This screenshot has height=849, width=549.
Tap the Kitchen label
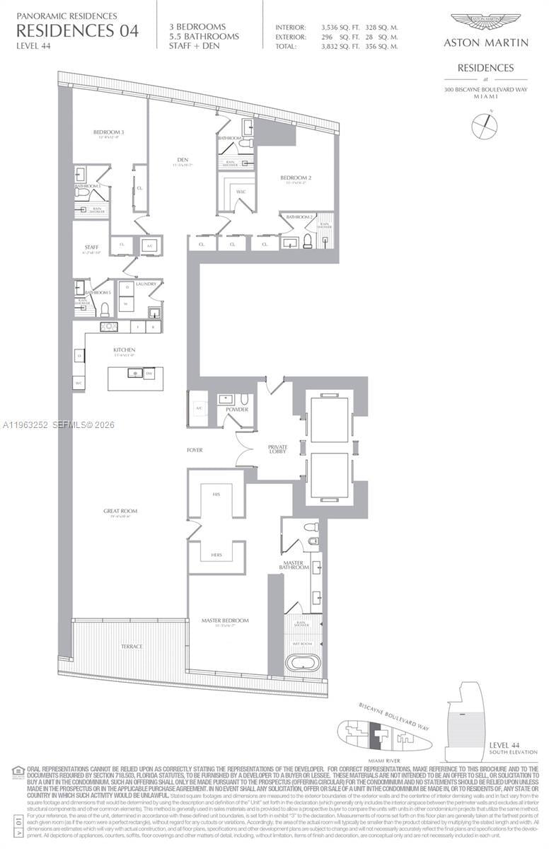click(124, 350)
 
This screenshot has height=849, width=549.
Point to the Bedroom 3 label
click(108, 132)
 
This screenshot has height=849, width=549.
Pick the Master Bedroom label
click(225, 620)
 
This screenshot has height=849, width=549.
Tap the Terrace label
click(131, 646)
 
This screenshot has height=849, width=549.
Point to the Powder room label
click(237, 410)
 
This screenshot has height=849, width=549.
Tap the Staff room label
click(91, 248)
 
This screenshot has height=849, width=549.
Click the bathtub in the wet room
click(302, 663)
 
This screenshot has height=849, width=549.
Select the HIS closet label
click(215, 496)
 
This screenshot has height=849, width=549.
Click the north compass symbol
click(485, 127)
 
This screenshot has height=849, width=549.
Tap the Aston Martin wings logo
click(485, 22)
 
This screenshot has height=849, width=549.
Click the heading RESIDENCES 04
click(77, 30)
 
